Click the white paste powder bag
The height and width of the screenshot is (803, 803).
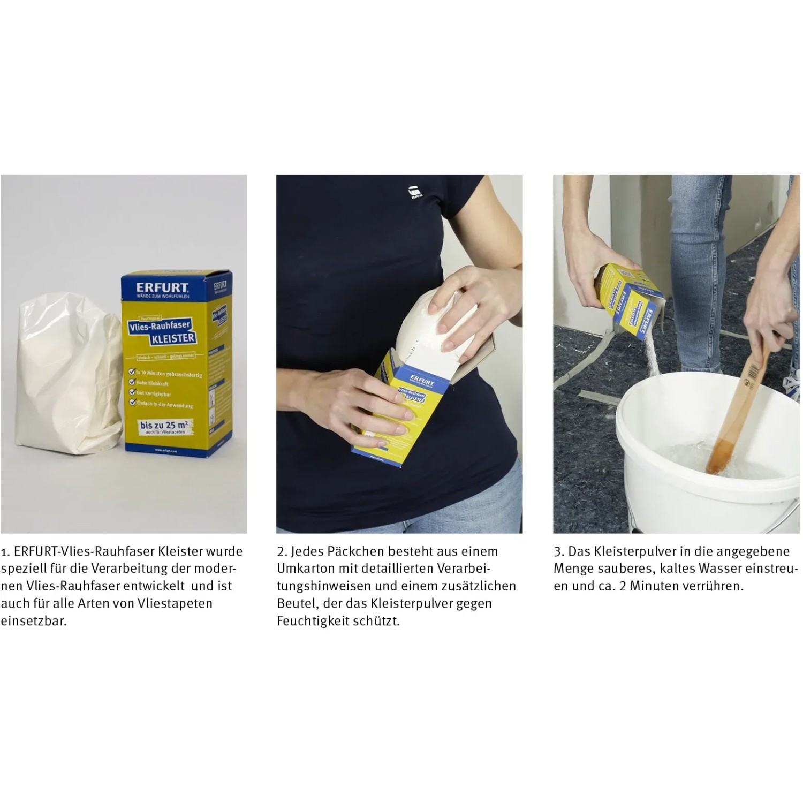67,375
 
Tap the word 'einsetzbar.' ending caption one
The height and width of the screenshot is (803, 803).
34,621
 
